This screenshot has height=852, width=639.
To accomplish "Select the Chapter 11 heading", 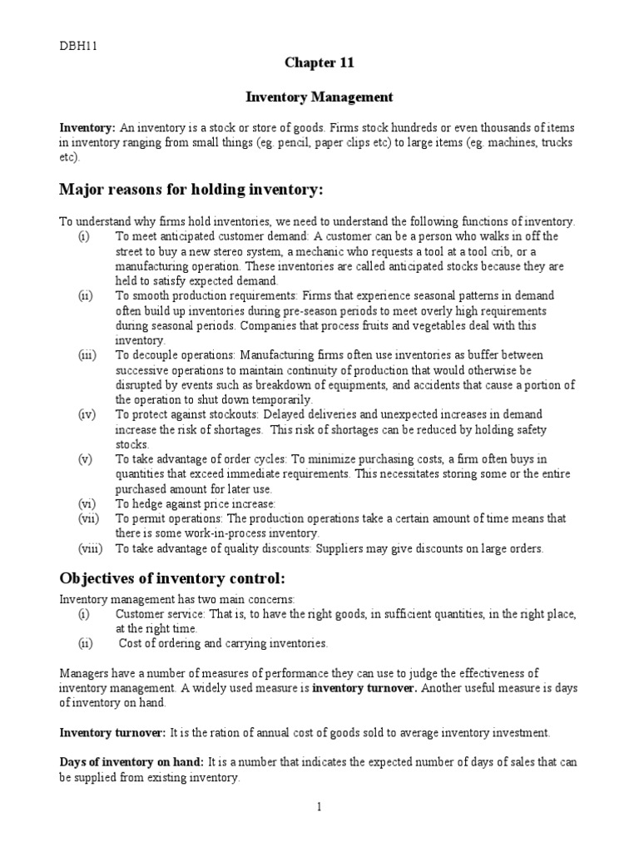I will coord(319,63).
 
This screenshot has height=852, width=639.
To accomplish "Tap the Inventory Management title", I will coord(319,97).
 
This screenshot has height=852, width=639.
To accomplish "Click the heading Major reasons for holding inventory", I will coord(191,191).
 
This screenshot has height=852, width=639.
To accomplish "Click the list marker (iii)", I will coord(87,355).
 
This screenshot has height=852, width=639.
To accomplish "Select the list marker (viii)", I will coord(91,548).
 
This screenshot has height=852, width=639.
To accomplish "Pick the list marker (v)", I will coord(86,459).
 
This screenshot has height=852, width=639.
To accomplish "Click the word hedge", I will coord(145,503).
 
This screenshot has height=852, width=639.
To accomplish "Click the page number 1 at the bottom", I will coord(319,806).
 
